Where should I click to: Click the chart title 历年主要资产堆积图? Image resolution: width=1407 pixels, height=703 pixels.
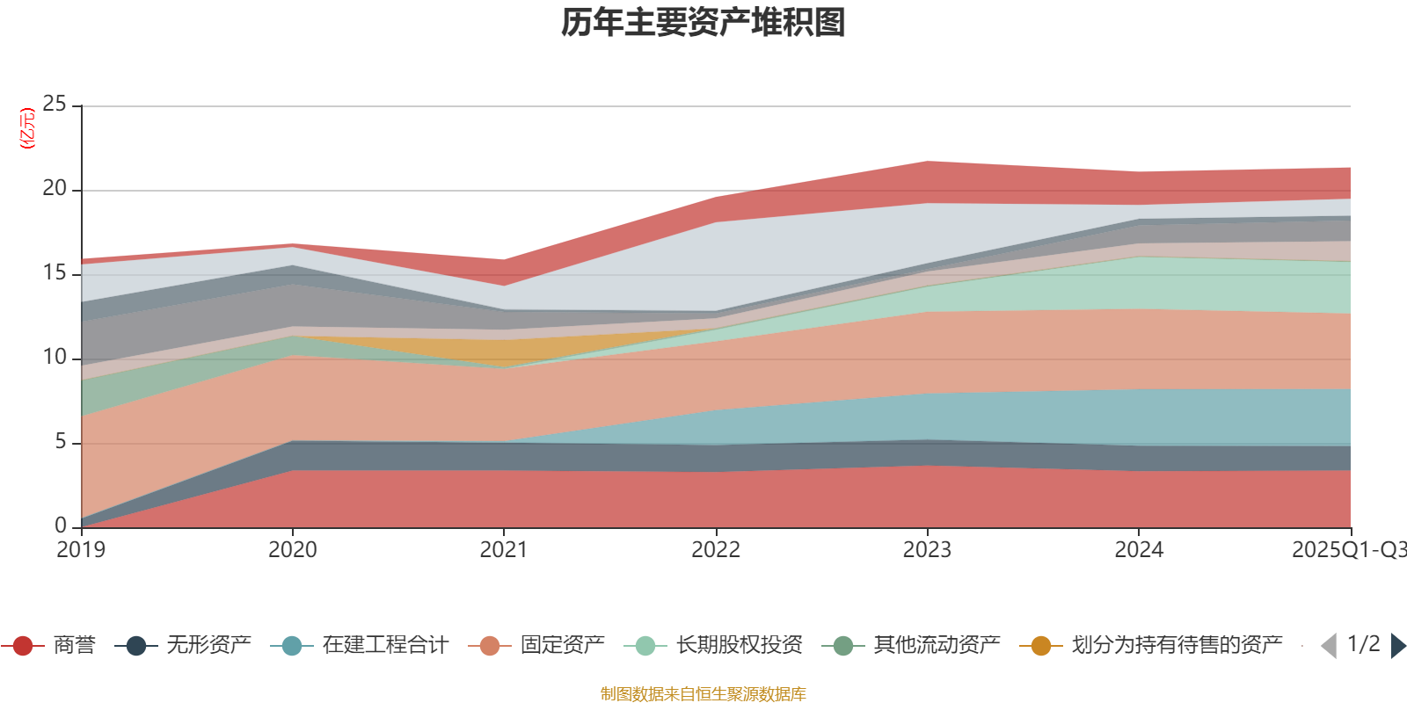pyautogui.click(x=703, y=23)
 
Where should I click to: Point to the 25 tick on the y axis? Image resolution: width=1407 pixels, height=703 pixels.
pyautogui.click(x=55, y=105)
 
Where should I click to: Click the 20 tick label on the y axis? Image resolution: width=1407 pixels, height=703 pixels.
pyautogui.click(x=55, y=189)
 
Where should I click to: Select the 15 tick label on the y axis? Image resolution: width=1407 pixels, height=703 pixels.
pyautogui.click(x=55, y=273)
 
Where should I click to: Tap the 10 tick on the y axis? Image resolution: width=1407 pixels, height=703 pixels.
pyautogui.click(x=55, y=358)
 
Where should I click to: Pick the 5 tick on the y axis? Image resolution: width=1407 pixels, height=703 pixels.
pyautogui.click(x=60, y=441)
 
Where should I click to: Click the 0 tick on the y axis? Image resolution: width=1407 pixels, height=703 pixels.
pyautogui.click(x=60, y=525)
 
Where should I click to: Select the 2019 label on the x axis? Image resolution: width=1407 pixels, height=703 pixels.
pyautogui.click(x=81, y=550)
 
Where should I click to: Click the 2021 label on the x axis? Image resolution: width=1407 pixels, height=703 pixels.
pyautogui.click(x=504, y=550)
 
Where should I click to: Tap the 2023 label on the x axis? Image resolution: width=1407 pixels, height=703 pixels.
pyautogui.click(x=927, y=550)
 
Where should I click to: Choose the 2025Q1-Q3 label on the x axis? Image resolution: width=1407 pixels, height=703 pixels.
pyautogui.click(x=1347, y=550)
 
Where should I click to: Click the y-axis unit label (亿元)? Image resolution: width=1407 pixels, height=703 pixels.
pyautogui.click(x=28, y=128)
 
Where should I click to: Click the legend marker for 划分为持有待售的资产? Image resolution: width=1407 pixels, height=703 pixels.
pyautogui.click(x=1040, y=646)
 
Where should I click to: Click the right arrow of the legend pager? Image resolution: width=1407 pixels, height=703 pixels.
pyautogui.click(x=1398, y=646)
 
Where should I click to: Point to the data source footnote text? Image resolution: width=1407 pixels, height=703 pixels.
pyautogui.click(x=703, y=694)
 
